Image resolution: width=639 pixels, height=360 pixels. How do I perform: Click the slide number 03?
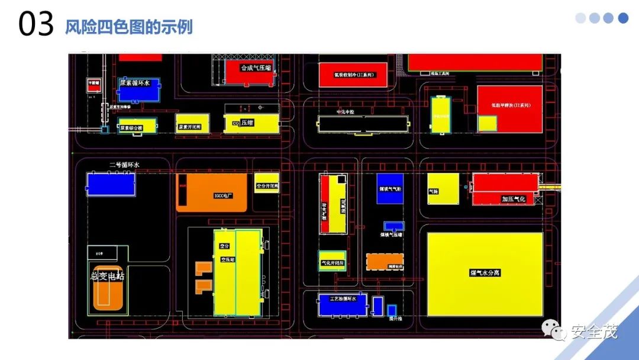tap(36, 25)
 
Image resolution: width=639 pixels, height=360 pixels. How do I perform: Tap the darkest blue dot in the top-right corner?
tap(623, 18)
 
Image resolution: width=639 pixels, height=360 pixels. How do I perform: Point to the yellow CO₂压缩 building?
tap(251, 123)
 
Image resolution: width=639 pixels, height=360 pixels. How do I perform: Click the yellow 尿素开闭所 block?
tap(193, 124)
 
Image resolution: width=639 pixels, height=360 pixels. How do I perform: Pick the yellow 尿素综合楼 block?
tap(137, 126)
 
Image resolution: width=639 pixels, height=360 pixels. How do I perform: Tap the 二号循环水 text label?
tap(124, 165)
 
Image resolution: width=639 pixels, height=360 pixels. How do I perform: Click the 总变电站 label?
tap(107, 276)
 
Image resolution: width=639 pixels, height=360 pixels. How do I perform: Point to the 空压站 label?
tap(228, 259)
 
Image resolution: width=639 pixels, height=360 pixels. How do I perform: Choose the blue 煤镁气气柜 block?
tap(390, 189)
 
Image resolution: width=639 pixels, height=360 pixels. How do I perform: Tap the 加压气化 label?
tap(513, 199)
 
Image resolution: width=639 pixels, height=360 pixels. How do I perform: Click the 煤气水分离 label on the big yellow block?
tap(485, 273)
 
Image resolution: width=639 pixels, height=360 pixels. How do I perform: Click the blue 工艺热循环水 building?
tap(343, 304)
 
